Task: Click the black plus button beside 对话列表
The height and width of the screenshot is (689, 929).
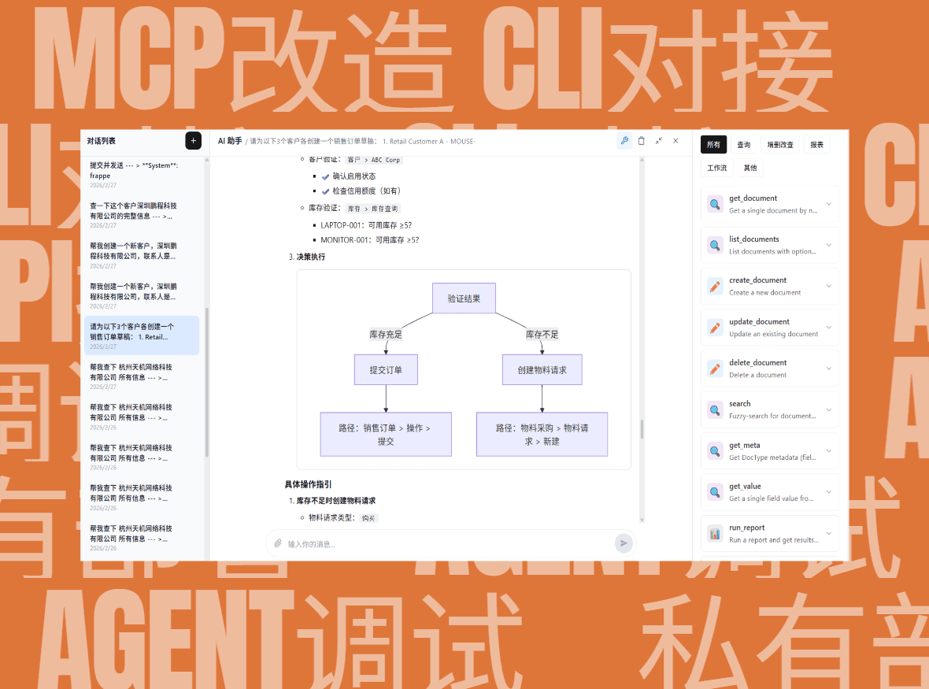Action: pyautogui.click(x=193, y=140)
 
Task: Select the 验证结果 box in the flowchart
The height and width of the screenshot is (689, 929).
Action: pyautogui.click(x=464, y=298)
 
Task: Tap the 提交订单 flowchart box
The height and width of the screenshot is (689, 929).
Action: pyautogui.click(x=386, y=369)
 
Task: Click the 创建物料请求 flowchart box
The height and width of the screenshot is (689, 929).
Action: pyautogui.click(x=542, y=369)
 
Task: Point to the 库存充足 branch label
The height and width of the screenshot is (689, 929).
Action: pyautogui.click(x=386, y=335)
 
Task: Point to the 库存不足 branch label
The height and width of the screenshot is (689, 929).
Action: pyautogui.click(x=542, y=335)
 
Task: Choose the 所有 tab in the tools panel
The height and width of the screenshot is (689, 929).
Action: pyautogui.click(x=713, y=144)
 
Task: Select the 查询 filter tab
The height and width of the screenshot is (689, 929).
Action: pyautogui.click(x=743, y=144)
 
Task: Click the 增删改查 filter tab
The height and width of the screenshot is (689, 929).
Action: pyautogui.click(x=780, y=144)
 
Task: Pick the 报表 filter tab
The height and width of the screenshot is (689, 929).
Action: pyautogui.click(x=816, y=144)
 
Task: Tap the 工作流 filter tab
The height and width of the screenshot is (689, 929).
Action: pyautogui.click(x=716, y=168)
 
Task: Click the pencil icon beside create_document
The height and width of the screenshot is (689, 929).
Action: pyautogui.click(x=715, y=287)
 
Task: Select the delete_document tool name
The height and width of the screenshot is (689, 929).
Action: pyautogui.click(x=757, y=363)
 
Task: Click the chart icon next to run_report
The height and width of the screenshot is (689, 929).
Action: pyautogui.click(x=715, y=534)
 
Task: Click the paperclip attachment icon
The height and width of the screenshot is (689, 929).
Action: pyautogui.click(x=278, y=543)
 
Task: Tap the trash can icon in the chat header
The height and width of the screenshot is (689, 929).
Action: pyautogui.click(x=641, y=141)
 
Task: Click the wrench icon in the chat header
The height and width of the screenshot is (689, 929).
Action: pyautogui.click(x=624, y=141)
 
